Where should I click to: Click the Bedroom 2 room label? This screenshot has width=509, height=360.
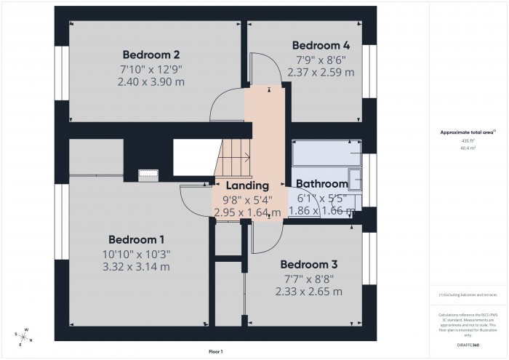point(151,55)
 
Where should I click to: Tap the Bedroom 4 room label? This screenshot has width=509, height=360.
point(321,45)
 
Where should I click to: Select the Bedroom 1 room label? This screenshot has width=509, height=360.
point(137,240)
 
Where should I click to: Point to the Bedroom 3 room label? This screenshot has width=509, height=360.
point(308,264)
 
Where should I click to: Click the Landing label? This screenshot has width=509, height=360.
point(247,186)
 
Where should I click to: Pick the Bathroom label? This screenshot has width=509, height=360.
point(322,184)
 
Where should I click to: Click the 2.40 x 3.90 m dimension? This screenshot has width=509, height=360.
point(151,82)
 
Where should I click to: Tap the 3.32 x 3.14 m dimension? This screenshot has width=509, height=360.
point(137,267)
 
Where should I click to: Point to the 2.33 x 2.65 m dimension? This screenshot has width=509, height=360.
point(308,292)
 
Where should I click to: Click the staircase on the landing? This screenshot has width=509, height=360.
point(234,156)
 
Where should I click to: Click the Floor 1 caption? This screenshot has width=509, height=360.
point(215,351)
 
